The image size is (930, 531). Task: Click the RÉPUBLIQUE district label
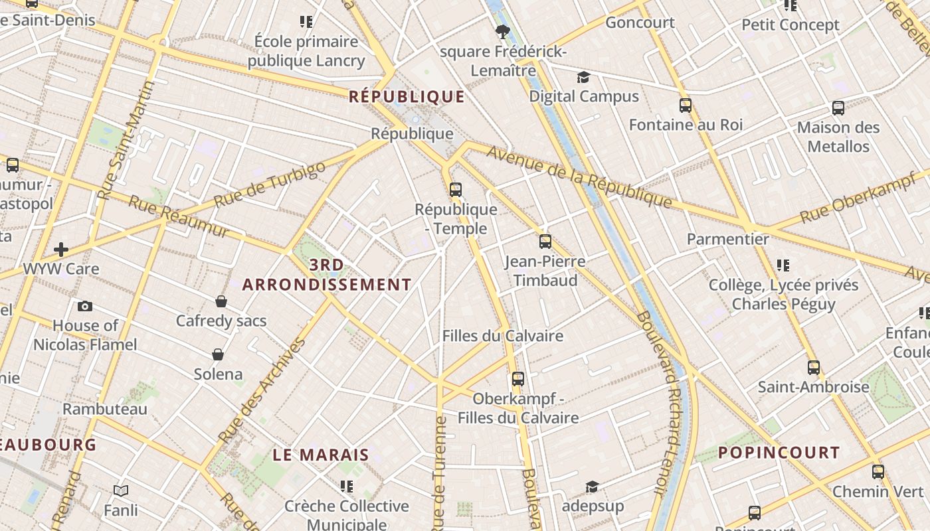click(407, 97)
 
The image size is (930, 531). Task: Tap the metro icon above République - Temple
click(456, 189)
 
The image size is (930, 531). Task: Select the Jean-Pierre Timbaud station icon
click(545, 241)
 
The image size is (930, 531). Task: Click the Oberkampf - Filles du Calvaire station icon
click(518, 379)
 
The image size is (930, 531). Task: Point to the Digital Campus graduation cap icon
click(583, 78)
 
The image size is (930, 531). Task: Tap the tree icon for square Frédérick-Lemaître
click(502, 31)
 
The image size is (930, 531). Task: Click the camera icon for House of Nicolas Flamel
click(85, 306)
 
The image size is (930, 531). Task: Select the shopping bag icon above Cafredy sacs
click(221, 301)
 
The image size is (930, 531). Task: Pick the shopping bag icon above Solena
click(218, 354)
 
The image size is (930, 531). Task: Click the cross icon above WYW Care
click(61, 250)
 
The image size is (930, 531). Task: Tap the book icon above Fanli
click(121, 491)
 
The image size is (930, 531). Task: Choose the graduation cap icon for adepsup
click(593, 487)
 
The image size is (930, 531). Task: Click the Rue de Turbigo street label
click(270, 184)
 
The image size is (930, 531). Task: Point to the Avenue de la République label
click(579, 177)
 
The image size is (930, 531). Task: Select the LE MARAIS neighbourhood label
click(321, 455)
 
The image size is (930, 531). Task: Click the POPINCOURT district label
click(779, 453)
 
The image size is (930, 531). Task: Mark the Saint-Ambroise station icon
click(814, 367)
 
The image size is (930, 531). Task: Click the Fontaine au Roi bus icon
click(686, 105)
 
